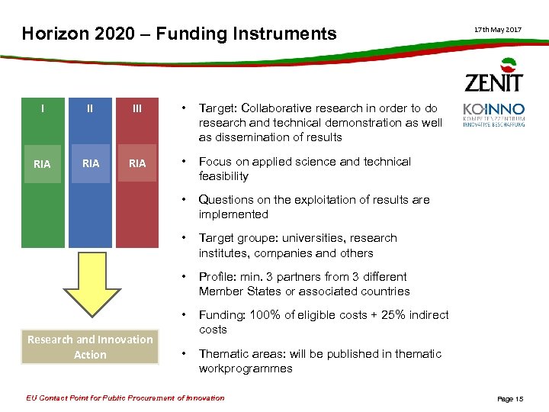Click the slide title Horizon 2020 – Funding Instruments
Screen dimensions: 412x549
(x=179, y=34)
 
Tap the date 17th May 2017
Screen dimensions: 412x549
(x=498, y=29)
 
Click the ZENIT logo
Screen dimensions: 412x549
(x=494, y=76)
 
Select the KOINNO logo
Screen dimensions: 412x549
(x=493, y=114)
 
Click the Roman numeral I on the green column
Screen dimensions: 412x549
(x=42, y=108)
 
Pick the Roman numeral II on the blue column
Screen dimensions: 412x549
(x=90, y=108)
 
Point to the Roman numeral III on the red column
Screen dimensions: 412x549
(x=137, y=108)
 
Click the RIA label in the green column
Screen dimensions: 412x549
(x=42, y=163)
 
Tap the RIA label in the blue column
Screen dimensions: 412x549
(x=90, y=163)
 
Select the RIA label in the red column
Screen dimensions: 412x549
(x=137, y=163)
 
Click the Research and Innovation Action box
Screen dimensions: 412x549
(x=90, y=347)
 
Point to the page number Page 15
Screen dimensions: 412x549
(x=510, y=399)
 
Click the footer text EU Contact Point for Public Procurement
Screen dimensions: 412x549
(x=126, y=398)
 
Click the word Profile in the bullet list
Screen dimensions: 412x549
(x=215, y=276)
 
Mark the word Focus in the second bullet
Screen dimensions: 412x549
(x=214, y=162)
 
